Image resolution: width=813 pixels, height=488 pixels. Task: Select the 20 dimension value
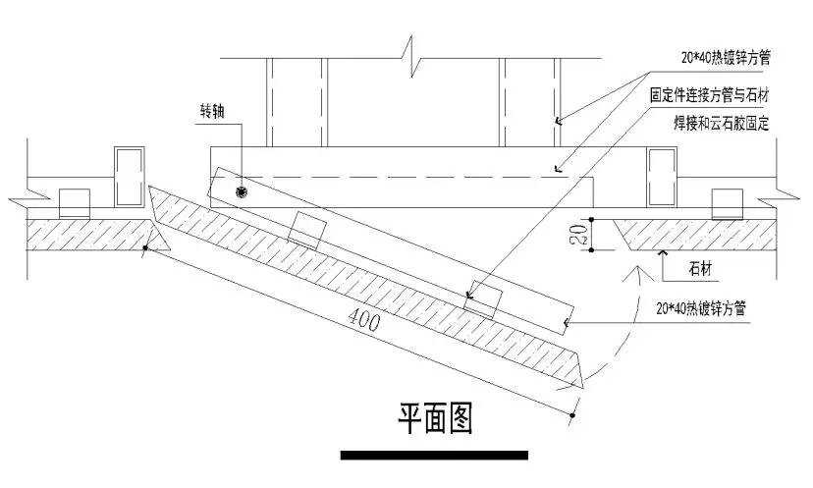pyautogui.click(x=579, y=233)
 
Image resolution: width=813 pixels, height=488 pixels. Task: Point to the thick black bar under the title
pyautogui.click(x=434, y=456)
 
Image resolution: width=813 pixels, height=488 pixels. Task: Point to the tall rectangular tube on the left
pyautogui.click(x=130, y=177)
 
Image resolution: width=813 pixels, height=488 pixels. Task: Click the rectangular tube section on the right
pyautogui.click(x=662, y=177)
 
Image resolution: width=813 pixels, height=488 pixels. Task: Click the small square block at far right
pyautogui.click(x=728, y=203)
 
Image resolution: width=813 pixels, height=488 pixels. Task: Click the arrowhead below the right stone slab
pyautogui.click(x=665, y=255)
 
